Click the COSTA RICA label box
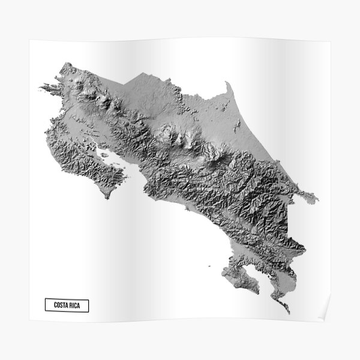click(x=71, y=305)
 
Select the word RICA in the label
click(x=80, y=305)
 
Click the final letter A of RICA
click(x=85, y=305)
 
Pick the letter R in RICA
click(x=75, y=305)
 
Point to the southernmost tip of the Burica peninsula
click(x=289, y=313)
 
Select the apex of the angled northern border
click(x=142, y=73)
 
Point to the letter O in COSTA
click(x=59, y=305)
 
